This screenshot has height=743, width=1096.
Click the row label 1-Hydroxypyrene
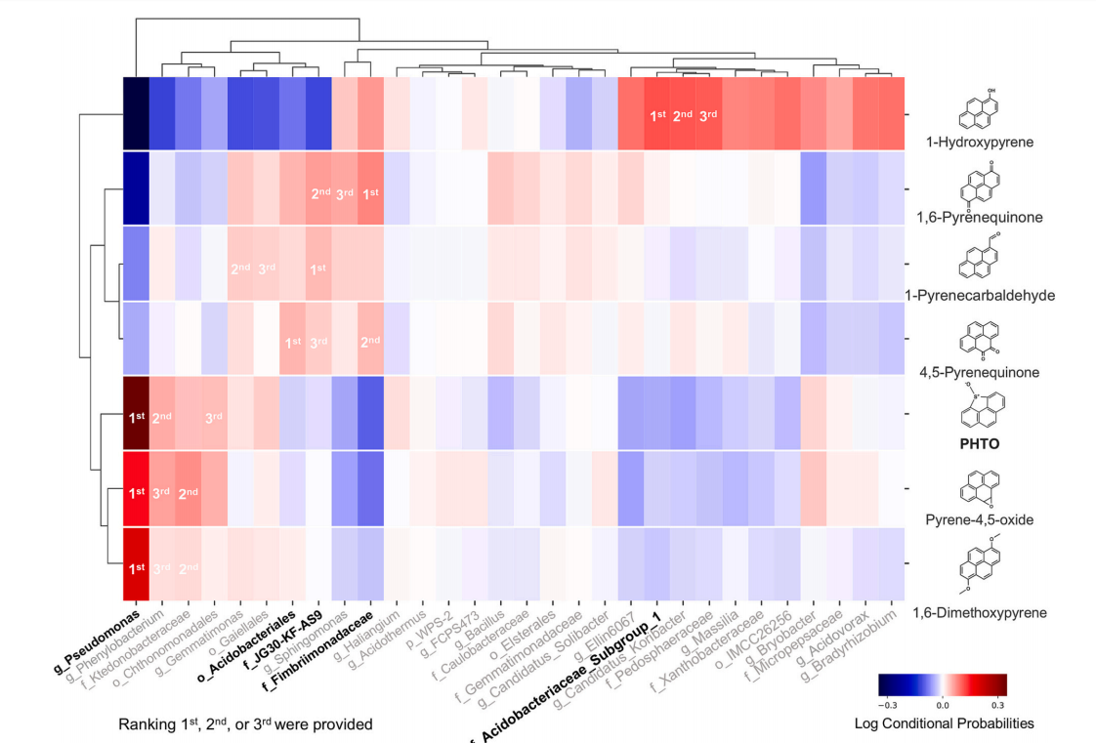pyautogui.click(x=987, y=143)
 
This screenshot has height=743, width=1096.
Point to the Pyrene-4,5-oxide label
pyautogui.click(x=986, y=519)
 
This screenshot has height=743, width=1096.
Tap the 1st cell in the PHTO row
pyautogui.click(x=136, y=417)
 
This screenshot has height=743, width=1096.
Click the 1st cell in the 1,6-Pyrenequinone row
pyautogui.click(x=370, y=193)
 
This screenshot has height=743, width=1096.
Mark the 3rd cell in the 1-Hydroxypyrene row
pyautogui.click(x=708, y=116)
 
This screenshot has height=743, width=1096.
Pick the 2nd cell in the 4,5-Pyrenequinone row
pyautogui.click(x=370, y=342)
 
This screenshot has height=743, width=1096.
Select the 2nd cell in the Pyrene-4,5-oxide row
pyautogui.click(x=188, y=492)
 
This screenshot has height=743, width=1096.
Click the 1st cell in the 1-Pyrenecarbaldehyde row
pyautogui.click(x=317, y=268)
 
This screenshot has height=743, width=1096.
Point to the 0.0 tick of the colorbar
pyautogui.click(x=943, y=702)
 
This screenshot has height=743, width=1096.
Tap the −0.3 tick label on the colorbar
pyautogui.click(x=888, y=702)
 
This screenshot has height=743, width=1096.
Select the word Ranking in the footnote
pyautogui.click(x=146, y=724)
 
